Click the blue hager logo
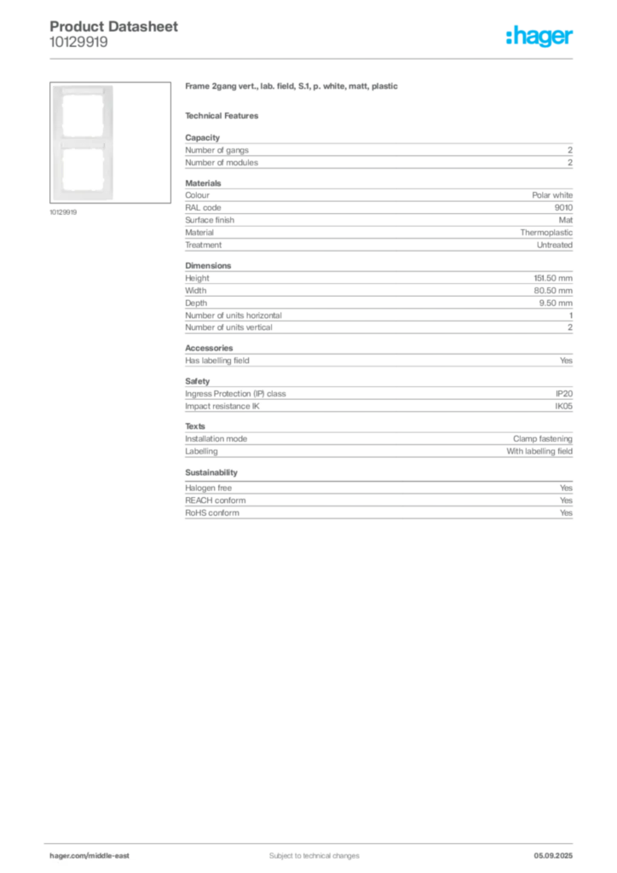click(539, 38)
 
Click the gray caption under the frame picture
click(64, 212)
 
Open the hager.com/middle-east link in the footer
click(95, 855)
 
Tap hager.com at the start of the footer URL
click(68, 855)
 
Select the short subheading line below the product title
click(225, 115)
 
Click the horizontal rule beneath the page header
click(314, 58)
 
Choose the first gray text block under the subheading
click(378, 153)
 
